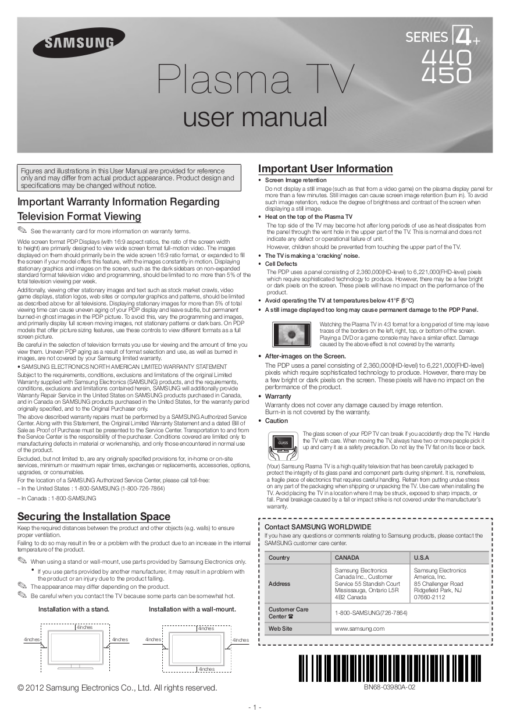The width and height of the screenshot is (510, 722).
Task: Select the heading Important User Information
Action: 325,169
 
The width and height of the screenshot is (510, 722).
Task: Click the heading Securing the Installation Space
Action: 94,516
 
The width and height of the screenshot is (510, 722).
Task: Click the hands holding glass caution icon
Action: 283,444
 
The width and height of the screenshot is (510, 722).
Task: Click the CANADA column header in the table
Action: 348,557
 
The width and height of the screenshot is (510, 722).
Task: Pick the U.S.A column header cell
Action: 422,557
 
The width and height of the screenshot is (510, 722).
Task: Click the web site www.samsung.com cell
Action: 360,629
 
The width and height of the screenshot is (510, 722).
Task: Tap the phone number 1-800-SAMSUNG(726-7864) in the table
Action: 371,613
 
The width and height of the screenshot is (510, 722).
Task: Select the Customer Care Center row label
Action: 288,613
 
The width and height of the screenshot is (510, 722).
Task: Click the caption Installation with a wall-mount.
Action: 192,609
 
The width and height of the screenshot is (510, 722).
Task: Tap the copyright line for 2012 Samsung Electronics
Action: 117,688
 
